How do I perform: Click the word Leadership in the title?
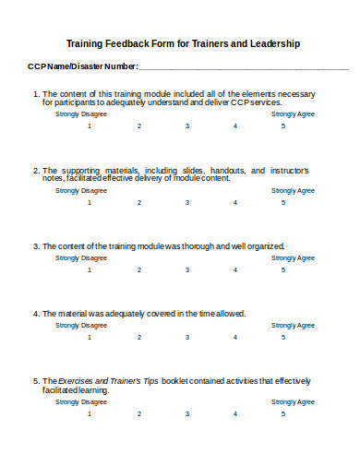click(x=275, y=44)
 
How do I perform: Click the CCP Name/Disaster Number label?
click(x=82, y=66)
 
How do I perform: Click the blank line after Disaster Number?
click(x=245, y=67)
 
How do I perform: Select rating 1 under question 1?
click(x=90, y=125)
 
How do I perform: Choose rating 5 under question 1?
click(x=283, y=125)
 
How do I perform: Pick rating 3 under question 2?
click(x=187, y=203)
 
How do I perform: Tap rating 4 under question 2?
click(x=234, y=203)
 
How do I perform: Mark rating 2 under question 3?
click(x=138, y=270)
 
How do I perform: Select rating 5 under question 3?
click(x=283, y=270)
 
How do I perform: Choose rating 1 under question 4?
click(x=90, y=337)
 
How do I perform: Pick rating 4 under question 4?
click(x=234, y=337)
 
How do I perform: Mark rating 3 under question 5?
click(x=187, y=414)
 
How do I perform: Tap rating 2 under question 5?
click(x=138, y=414)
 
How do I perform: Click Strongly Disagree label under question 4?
click(x=81, y=326)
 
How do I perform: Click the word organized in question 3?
click(x=265, y=246)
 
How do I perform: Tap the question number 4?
click(x=35, y=314)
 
